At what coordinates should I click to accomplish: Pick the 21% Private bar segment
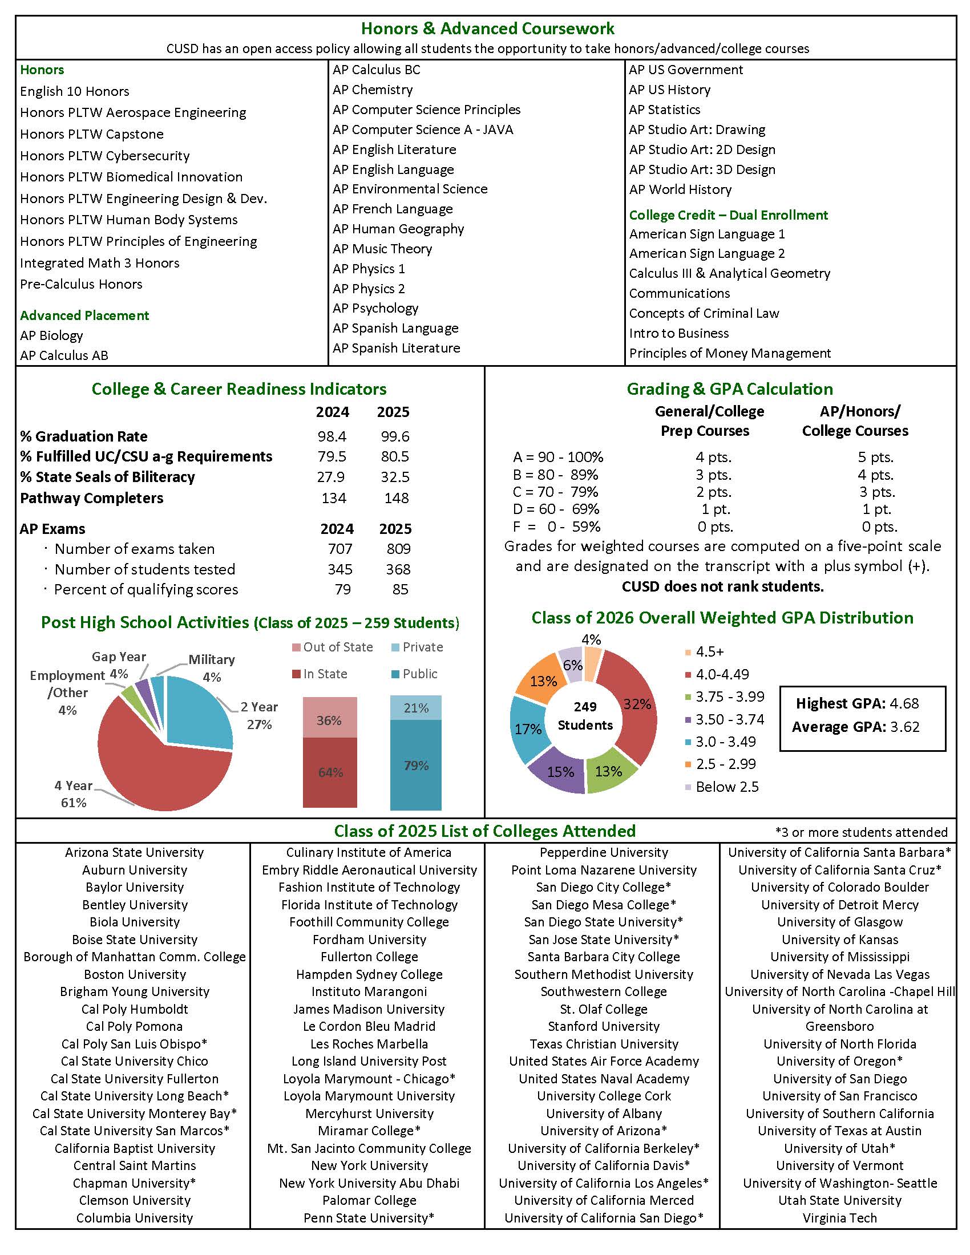[x=415, y=708]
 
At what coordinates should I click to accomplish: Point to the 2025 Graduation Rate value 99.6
[x=395, y=436]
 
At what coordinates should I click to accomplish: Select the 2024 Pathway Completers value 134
[x=333, y=498]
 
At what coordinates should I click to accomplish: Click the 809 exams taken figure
[x=398, y=549]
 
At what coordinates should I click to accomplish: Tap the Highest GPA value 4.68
[x=904, y=703]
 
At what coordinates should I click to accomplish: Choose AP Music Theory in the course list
[x=382, y=249]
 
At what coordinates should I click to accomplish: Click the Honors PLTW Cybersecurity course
[x=104, y=156]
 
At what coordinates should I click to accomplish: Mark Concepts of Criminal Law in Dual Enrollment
[x=704, y=313]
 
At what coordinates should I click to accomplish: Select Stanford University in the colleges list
[x=603, y=1026]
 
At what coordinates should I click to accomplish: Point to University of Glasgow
[x=839, y=922]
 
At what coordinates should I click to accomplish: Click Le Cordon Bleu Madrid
[x=369, y=1026]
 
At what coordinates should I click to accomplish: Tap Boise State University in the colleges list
[x=135, y=940]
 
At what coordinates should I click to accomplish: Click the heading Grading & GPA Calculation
[x=729, y=389]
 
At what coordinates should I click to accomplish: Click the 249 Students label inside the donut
[x=585, y=716]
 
